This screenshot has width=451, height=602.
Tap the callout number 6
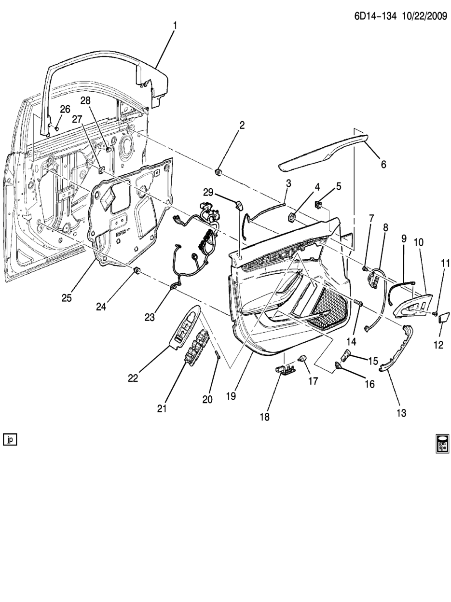[x=383, y=164]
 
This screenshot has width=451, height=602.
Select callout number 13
[x=401, y=413]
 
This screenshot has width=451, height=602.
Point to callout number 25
[x=67, y=298]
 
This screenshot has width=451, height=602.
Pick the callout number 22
[x=133, y=378]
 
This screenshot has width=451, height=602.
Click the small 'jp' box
[x=10, y=439]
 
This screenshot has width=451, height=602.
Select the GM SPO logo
[x=441, y=443]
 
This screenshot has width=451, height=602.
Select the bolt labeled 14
[x=358, y=303]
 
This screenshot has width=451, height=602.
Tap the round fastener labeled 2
[x=218, y=172]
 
